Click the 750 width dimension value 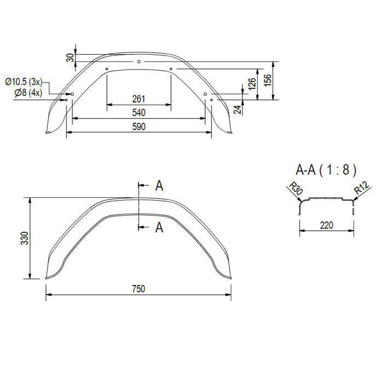click(139, 289)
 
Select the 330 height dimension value click(25, 238)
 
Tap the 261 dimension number click(139, 99)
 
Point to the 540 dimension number click(139, 112)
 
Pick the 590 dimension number click(139, 127)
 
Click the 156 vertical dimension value click(267, 80)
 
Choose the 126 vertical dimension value click(252, 84)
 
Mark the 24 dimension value click(237, 110)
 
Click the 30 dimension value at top click(70, 58)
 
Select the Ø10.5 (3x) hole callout click(24, 82)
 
